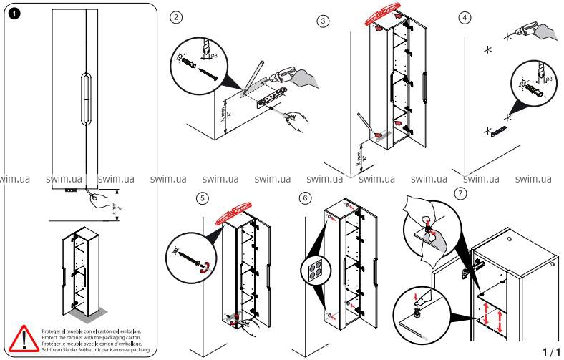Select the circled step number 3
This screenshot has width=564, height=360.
(x=324, y=21)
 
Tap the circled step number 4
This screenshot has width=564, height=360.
(x=465, y=18)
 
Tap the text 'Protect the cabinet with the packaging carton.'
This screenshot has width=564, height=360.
(x=100, y=338)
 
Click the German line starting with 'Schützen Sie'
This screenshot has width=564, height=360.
(x=105, y=349)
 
